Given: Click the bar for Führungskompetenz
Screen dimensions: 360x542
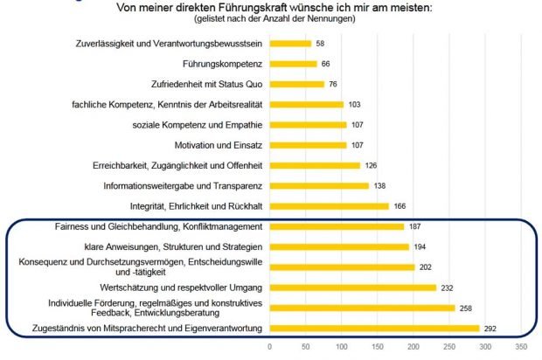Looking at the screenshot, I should pos(293,63).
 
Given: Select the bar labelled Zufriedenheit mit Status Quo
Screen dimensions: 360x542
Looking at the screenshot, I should pos(296,84).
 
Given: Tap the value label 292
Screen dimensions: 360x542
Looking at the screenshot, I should pos(490,329).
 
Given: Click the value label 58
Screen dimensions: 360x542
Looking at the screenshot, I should pos(321,43).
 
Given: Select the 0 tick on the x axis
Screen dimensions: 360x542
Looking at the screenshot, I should pos(270,347).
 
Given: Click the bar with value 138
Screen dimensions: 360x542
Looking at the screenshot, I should pos(319,185).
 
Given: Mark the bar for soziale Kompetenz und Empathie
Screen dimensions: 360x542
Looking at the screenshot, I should pos(308,124).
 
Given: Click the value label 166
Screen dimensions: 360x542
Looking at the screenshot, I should pos(400,206).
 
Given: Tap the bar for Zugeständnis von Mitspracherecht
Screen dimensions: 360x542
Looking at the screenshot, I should pos(374,329).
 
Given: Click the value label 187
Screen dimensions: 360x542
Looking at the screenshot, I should pos(415,226).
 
